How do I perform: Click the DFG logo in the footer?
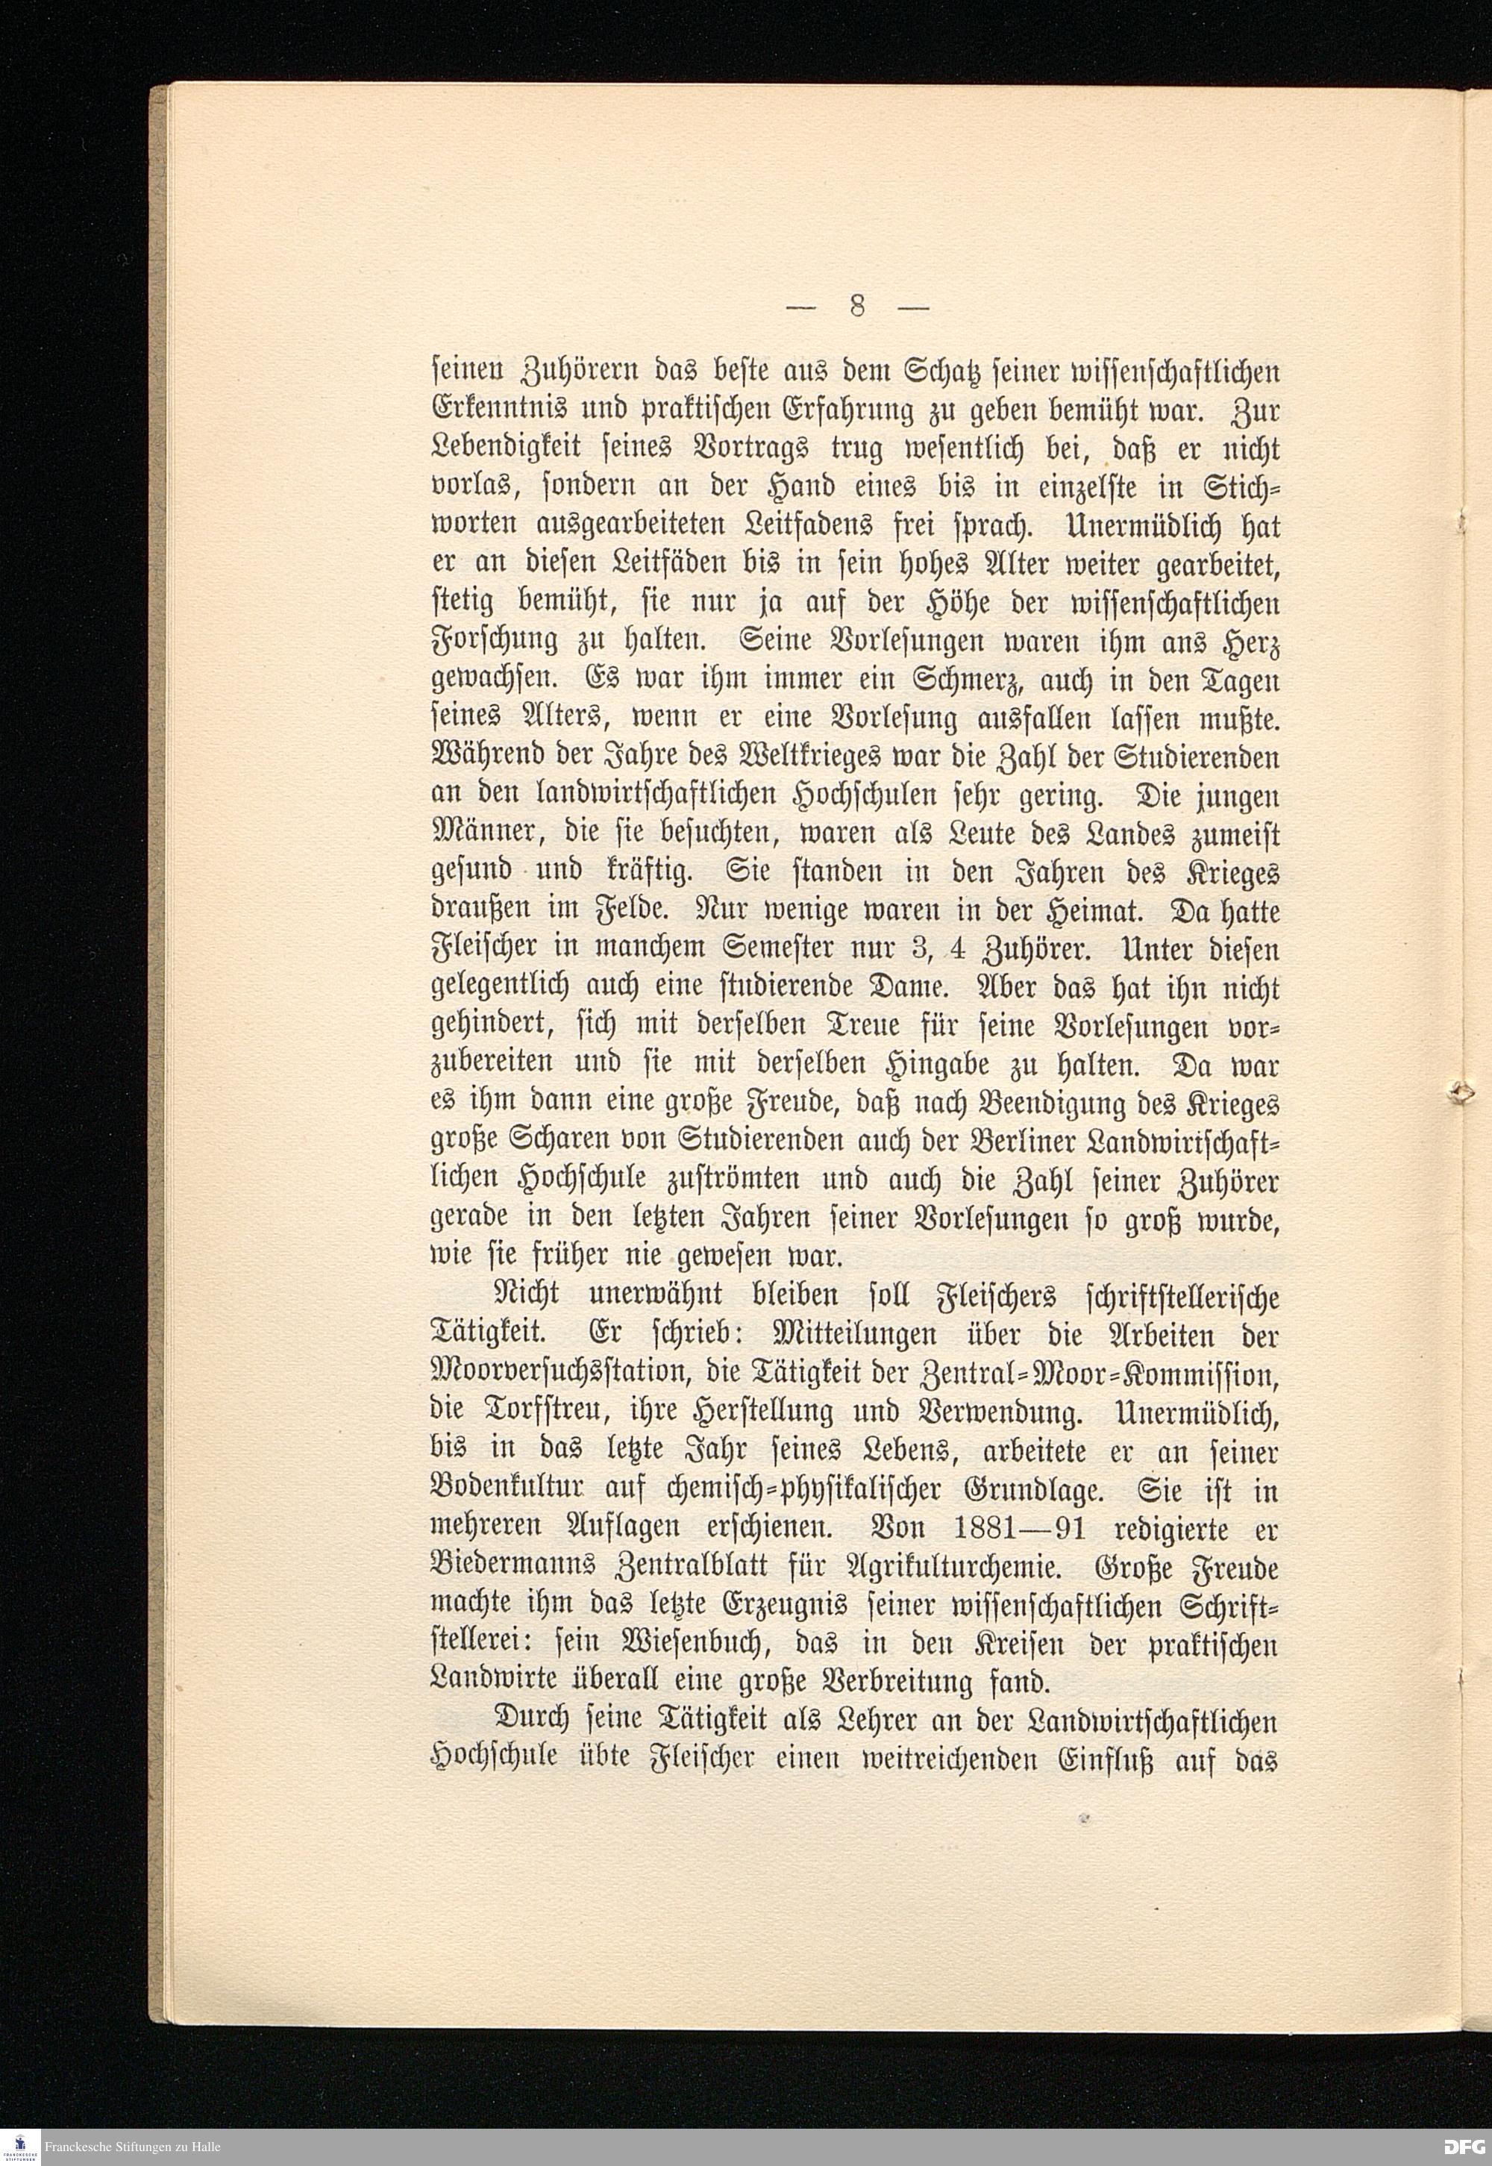[1461, 2147]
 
